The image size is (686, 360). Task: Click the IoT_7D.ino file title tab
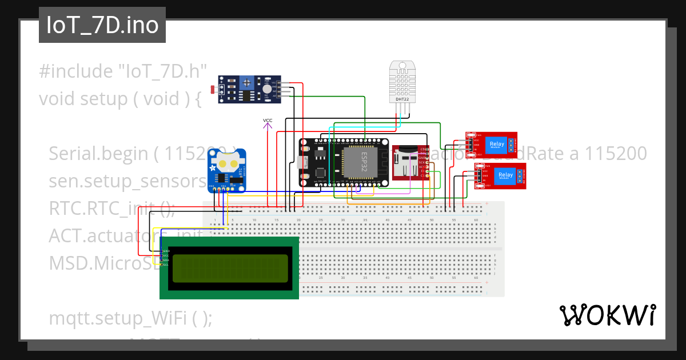102,25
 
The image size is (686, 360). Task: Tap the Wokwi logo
607,315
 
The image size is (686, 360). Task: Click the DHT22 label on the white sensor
402,99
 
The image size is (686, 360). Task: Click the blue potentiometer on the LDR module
246,83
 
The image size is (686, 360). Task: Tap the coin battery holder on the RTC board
227,163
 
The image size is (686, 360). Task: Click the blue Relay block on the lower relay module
505,175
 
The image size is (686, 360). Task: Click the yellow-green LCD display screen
230,269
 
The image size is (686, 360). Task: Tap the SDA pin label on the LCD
165,260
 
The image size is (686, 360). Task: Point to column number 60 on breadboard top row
476,220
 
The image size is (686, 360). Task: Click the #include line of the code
122,72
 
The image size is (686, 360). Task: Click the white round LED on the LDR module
267,89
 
